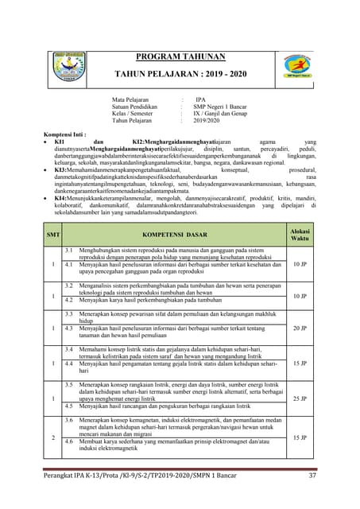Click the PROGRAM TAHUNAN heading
pyautogui.click(x=180, y=56)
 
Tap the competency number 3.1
pyautogui.click(x=70, y=250)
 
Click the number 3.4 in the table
pyautogui.click(x=70, y=349)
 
